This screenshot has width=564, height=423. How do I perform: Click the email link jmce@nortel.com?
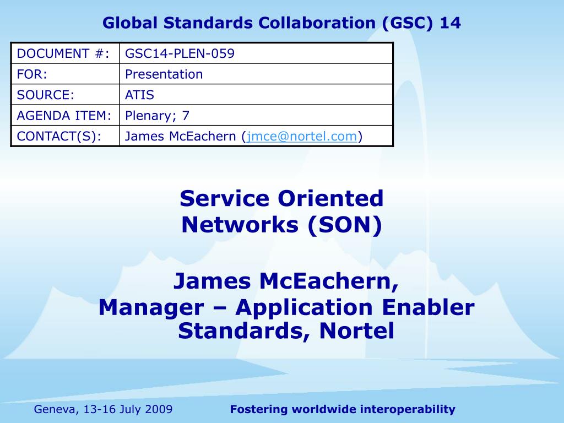point(302,137)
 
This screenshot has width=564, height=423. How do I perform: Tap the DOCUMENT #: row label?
point(63,53)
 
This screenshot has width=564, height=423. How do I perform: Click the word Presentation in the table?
point(164,74)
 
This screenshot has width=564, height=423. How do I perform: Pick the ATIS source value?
point(139,95)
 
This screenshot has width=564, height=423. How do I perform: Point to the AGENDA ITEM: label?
point(64,116)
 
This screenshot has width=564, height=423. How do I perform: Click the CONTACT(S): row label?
point(59,137)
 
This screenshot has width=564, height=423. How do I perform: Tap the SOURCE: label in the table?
point(45,95)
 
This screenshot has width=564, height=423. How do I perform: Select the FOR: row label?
point(32,74)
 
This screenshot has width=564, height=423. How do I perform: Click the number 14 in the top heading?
point(450,23)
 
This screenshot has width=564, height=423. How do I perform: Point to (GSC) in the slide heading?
point(407,23)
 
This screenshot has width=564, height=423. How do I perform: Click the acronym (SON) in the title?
point(345,225)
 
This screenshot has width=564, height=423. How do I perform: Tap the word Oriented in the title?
point(330,198)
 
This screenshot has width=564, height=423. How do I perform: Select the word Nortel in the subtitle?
point(356,330)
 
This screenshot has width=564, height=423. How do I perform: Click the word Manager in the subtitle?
point(151,308)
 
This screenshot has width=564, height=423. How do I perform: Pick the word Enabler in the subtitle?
point(428,307)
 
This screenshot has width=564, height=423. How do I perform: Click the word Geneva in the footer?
point(56,409)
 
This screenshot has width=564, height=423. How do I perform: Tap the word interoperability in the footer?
point(408,409)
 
